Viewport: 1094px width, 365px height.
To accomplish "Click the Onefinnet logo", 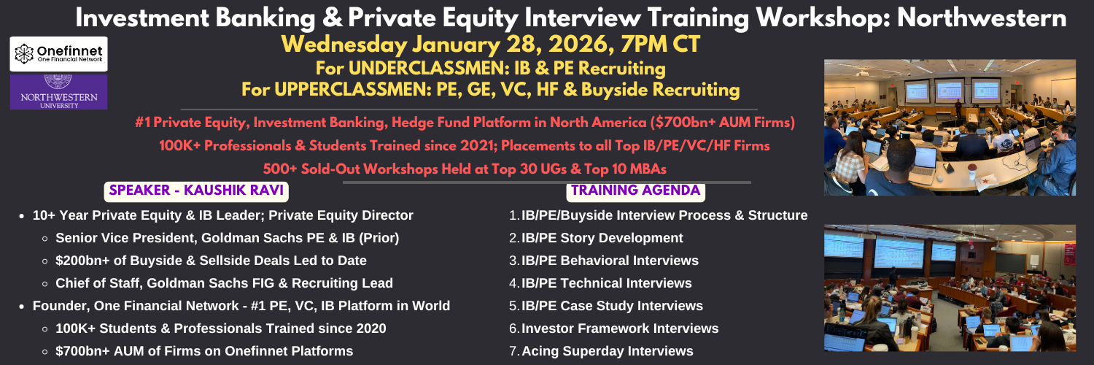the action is click(x=58, y=54).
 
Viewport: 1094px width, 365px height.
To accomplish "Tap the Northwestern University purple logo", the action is click(x=58, y=92).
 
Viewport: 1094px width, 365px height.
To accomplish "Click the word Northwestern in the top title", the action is click(x=982, y=18).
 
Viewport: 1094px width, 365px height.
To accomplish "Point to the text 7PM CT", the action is click(x=660, y=44).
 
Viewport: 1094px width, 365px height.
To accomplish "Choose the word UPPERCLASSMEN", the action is click(x=353, y=89).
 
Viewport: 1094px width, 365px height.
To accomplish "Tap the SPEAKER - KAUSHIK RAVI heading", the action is click(x=196, y=191).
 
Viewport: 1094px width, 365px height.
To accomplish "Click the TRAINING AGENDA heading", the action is click(x=635, y=191).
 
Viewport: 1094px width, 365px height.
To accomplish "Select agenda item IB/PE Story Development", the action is click(x=602, y=238).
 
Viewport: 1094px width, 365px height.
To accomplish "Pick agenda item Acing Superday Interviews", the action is click(x=607, y=351).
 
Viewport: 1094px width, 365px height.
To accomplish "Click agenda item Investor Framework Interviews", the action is click(x=620, y=328).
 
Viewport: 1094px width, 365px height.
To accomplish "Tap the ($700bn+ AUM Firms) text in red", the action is click(x=722, y=122).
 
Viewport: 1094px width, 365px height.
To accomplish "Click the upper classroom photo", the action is click(x=950, y=128).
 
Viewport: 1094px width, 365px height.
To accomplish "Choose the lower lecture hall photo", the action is click(x=950, y=288).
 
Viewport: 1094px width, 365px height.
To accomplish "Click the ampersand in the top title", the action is click(x=332, y=18).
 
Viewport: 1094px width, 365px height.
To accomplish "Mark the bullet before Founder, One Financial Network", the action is click(x=21, y=307).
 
